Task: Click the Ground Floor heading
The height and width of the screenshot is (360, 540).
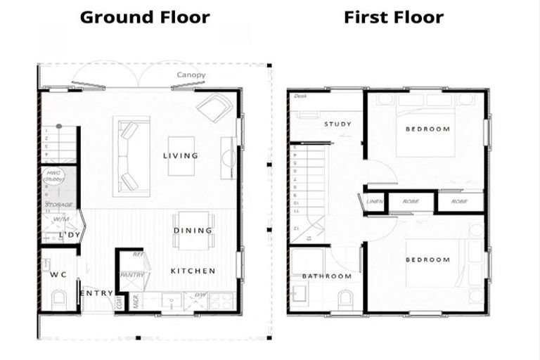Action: [x=145, y=17]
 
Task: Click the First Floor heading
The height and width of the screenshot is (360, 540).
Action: [x=394, y=17]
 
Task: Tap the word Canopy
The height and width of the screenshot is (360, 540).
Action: [x=191, y=75]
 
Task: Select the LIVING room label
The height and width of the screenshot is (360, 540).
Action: [x=180, y=155]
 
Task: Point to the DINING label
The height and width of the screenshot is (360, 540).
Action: [x=193, y=230]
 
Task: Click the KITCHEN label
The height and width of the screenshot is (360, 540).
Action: [x=193, y=271]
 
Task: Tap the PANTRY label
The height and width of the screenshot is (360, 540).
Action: [x=132, y=275]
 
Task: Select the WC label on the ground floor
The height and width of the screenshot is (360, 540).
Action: [x=58, y=274]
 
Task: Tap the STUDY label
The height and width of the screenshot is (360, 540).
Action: [x=337, y=124]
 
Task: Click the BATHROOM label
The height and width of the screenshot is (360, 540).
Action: [x=326, y=276]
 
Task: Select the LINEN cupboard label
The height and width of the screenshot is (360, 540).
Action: [x=374, y=202]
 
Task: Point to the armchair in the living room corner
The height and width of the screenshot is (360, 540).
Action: [x=215, y=108]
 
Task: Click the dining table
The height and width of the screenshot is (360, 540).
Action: [x=193, y=230]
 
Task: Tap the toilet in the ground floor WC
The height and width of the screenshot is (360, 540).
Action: [x=58, y=299]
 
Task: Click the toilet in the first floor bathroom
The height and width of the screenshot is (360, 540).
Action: [x=346, y=300]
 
